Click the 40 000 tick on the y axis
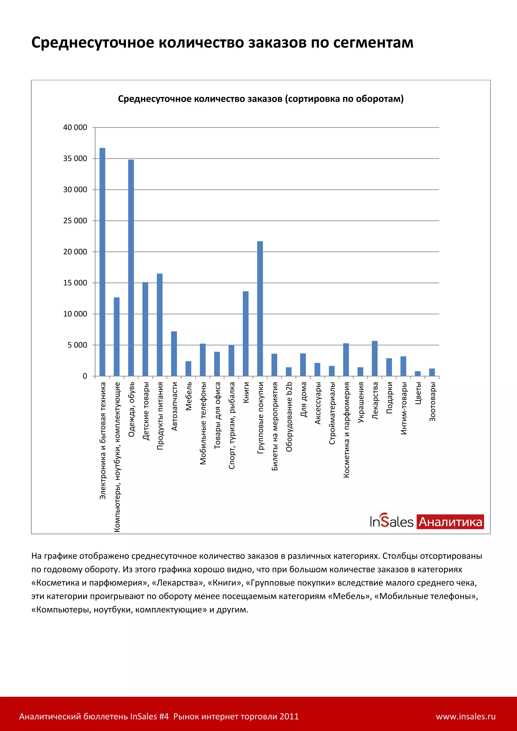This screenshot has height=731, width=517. pos(75,128)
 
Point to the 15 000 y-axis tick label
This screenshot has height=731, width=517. pos(75,283)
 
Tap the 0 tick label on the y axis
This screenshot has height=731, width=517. pos(85,376)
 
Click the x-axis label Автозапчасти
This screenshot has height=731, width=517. pos(174,407)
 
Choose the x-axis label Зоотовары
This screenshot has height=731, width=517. pos(432,402)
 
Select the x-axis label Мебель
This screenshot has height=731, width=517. pos(189,396)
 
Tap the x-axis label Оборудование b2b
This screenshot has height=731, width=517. pos(289,417)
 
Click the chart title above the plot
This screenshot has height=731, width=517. pos(261,99)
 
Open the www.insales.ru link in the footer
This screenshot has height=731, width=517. pos(466,716)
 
